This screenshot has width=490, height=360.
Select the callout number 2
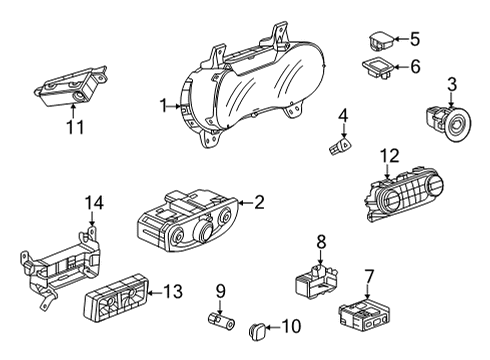tap(259, 203)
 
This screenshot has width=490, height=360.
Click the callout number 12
tap(389, 155)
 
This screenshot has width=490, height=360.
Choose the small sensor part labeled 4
tap(336, 148)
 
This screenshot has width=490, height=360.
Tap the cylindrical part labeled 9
tap(219, 324)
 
